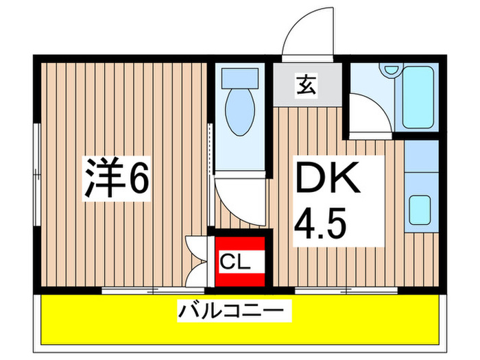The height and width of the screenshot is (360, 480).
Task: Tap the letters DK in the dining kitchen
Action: click(x=328, y=179)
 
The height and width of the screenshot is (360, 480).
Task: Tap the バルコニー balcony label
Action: click(x=231, y=312)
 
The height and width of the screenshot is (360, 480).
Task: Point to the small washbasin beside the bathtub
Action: click(x=391, y=71)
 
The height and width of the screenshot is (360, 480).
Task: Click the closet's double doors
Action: click(x=197, y=261)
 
